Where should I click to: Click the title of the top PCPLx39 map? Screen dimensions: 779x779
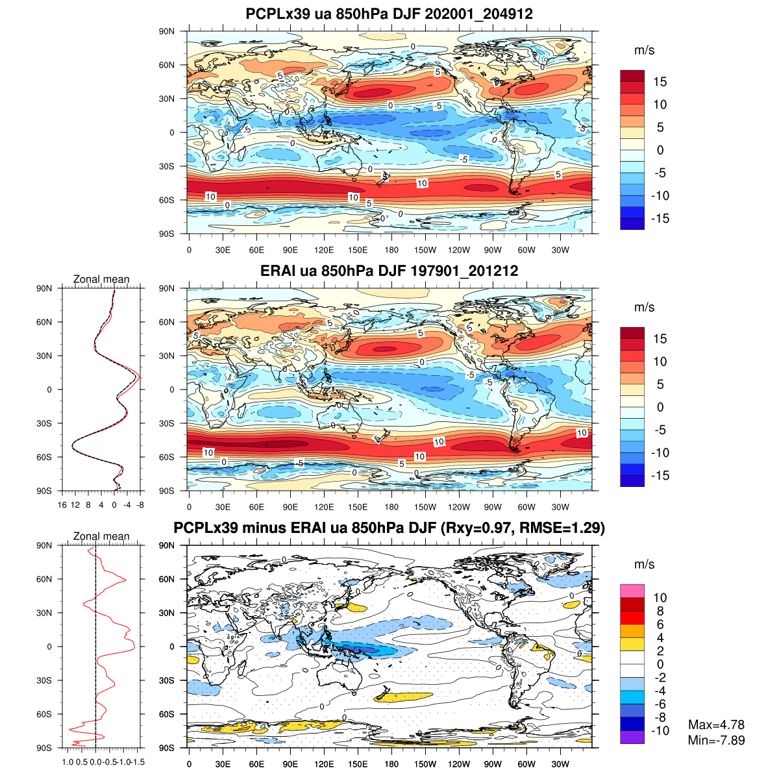389,14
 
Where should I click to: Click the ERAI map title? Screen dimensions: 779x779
389,271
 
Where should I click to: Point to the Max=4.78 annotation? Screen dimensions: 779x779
716,725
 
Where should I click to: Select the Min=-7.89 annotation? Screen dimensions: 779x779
716,740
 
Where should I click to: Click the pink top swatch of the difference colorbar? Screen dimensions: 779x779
632,591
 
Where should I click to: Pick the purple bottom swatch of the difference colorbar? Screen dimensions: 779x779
632,737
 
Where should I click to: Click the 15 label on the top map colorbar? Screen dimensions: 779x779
660,82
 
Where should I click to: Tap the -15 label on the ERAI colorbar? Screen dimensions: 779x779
659,476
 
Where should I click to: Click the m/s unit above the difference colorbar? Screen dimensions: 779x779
644,565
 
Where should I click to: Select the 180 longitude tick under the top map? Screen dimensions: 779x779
391,250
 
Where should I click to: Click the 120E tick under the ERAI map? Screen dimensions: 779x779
324,507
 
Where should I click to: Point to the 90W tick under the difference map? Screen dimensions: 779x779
493,764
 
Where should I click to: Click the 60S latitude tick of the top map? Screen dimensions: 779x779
167,200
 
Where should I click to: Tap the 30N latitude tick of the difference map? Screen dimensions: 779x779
167,613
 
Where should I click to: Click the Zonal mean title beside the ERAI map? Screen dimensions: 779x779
101,280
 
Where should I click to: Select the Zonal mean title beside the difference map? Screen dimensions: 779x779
101,537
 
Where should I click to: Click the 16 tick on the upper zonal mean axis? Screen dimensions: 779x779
62,504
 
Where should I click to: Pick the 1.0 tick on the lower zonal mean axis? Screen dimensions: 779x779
68,762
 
